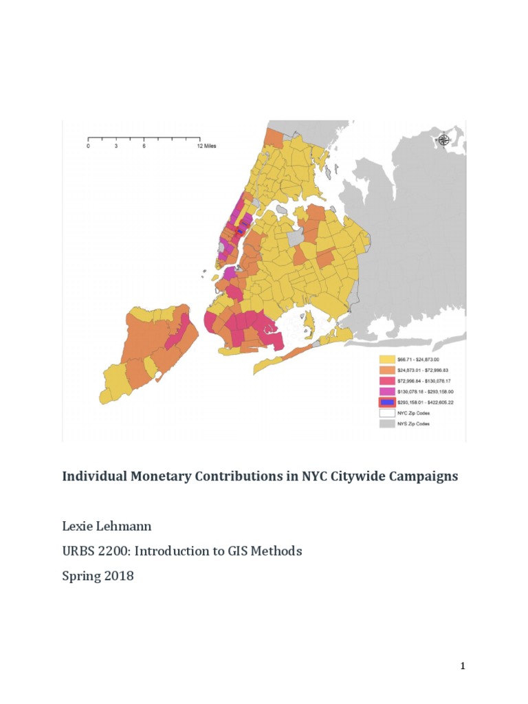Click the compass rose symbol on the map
pos(443,140)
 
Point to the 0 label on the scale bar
pos(88,146)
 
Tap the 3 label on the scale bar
pos(116,146)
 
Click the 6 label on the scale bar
pos(144,146)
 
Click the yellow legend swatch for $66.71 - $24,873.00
pos(387,359)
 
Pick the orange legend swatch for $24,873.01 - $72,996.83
pos(387,370)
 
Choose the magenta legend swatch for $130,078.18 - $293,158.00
pos(387,391)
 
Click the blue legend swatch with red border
pos(387,402)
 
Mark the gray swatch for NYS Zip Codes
pos(387,424)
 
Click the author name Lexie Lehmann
pos(107,527)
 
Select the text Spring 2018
pos(98,576)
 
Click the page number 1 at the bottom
pos(463,665)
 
